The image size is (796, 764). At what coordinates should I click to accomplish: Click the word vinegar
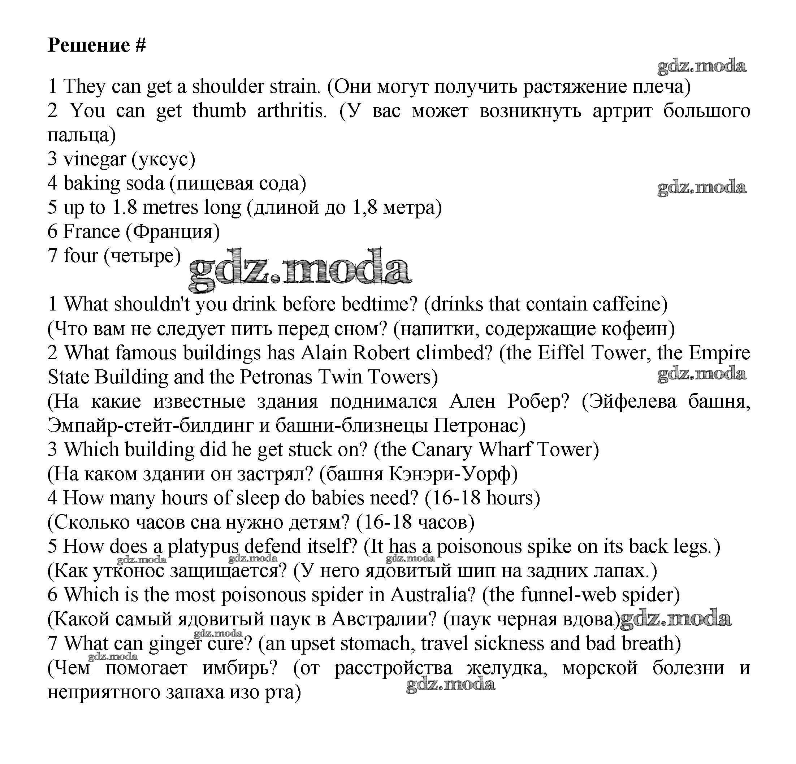(x=95, y=159)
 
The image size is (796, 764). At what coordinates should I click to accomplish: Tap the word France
(x=92, y=231)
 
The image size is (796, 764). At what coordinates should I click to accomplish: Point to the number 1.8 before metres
(x=124, y=208)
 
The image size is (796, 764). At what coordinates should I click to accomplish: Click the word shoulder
(x=228, y=86)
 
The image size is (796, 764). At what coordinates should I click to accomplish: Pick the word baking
(x=92, y=183)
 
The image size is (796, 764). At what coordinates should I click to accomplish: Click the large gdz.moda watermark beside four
(x=300, y=268)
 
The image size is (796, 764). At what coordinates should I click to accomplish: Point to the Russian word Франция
(x=173, y=232)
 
